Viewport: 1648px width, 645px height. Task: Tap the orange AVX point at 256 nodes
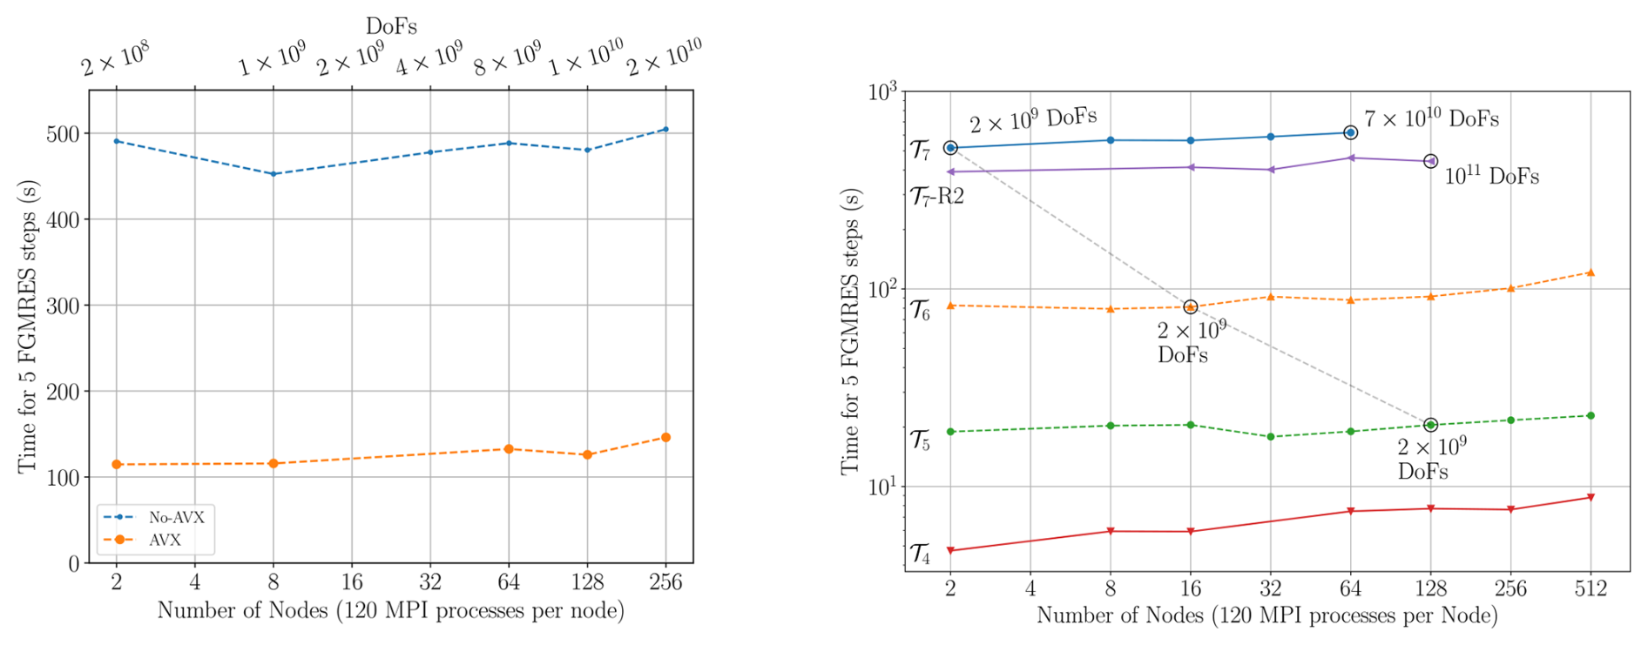pos(665,438)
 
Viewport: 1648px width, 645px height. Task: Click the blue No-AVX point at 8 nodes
pos(274,174)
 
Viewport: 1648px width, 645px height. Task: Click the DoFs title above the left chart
pos(391,26)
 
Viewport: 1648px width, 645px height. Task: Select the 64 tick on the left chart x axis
pos(509,582)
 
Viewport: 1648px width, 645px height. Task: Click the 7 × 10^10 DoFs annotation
pos(1431,118)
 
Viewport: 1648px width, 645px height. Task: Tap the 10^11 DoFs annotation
pos(1491,177)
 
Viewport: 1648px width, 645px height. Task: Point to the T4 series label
pos(920,554)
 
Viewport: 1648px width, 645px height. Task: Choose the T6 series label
pos(920,310)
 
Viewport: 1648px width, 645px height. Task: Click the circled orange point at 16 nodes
pos(1191,306)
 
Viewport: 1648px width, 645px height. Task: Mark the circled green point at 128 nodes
pos(1430,425)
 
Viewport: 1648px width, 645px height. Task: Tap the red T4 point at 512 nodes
pos(1591,498)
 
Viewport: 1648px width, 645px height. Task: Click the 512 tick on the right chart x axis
pos(1591,588)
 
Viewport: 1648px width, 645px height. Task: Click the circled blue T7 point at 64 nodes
pos(1350,132)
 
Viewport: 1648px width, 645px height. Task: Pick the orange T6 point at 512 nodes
pos(1591,272)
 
